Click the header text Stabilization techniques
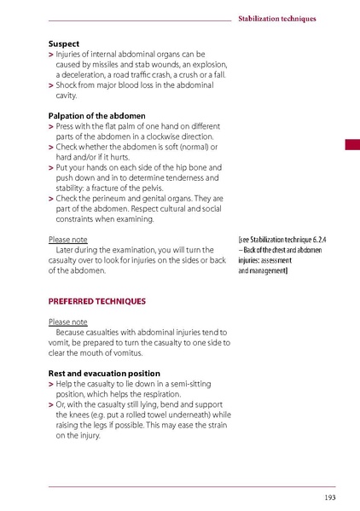[x=276, y=18]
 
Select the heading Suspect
[x=64, y=43]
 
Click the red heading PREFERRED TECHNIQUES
[x=96, y=301]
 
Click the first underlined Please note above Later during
[x=67, y=240]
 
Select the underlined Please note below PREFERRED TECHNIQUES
[x=67, y=322]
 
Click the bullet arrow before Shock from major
[x=51, y=85]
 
